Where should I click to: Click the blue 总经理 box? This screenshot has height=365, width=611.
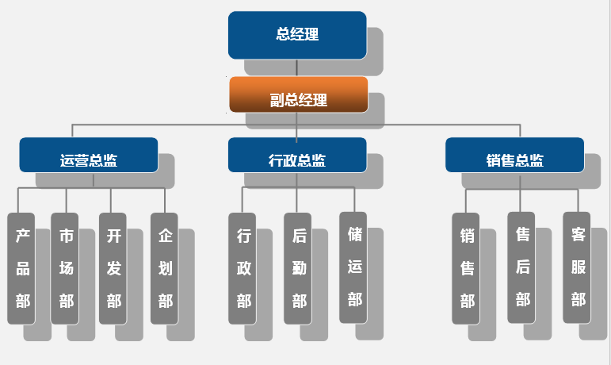pos(297,35)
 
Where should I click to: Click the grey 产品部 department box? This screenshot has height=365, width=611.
pos(22,268)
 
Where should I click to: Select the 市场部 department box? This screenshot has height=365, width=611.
pos(65,268)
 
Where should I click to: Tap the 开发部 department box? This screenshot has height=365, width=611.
pos(113,268)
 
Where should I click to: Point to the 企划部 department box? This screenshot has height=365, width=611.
pos(165,268)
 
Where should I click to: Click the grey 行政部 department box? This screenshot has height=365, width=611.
pos(242,268)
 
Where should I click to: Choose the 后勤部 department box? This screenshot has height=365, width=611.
pos(298,268)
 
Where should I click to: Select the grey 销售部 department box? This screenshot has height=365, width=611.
pos(466,268)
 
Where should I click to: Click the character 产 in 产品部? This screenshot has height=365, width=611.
pos(22,236)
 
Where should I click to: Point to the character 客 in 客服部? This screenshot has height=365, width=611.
pos(578,234)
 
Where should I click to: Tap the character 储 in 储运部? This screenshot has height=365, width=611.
pos(354,233)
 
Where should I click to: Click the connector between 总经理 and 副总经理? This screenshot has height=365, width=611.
pos(296,68)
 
